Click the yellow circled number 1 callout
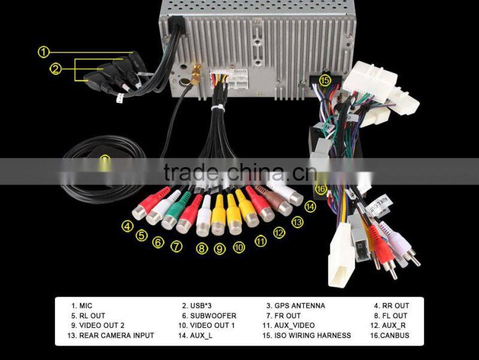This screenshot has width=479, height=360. click(43, 52)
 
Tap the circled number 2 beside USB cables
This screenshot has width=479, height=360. click(55, 69)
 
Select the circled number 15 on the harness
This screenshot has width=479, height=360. click(325, 80)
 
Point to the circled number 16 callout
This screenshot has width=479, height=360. click(321, 189)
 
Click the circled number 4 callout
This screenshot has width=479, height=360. click(128, 226)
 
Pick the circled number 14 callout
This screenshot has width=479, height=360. click(310, 207)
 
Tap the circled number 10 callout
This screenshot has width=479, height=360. click(239, 247)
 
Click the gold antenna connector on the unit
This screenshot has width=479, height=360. click(196, 74)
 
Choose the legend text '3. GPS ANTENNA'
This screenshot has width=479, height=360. click(295, 305)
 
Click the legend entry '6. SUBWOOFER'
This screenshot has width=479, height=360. click(209, 316)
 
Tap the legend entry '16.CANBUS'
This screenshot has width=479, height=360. click(390, 335)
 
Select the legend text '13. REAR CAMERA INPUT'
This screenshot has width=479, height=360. click(111, 335)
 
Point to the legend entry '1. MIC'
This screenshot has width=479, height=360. click(81, 305)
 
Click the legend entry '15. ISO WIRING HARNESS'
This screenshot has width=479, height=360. click(307, 335)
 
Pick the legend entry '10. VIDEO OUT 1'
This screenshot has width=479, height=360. click(207, 325)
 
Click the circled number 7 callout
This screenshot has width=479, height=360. click(176, 246)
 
